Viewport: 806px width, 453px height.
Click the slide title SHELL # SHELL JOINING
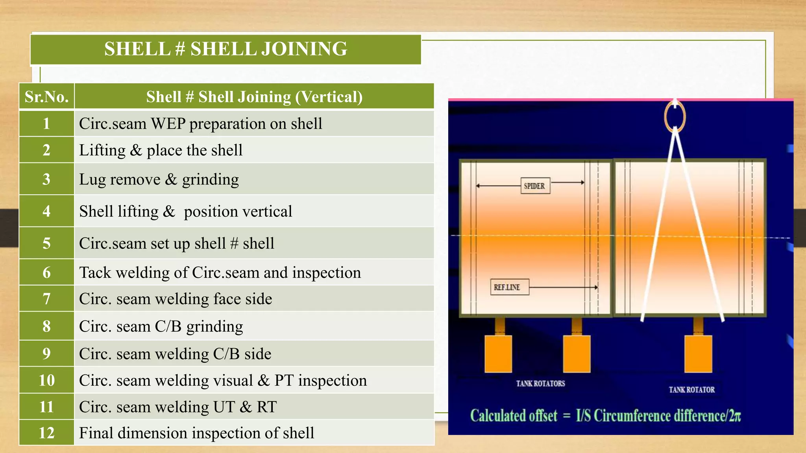coord(226,49)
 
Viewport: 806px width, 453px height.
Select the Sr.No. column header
coord(46,97)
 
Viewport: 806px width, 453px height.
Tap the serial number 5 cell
coord(46,243)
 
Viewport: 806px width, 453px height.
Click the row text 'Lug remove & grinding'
coord(159,179)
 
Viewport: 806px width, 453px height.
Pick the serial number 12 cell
coord(46,433)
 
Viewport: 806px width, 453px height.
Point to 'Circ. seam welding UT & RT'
coord(178,407)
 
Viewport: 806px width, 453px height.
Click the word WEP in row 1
coord(168,123)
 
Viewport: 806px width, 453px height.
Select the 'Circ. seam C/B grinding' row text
coord(161,326)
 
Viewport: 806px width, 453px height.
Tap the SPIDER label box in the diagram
coord(534,186)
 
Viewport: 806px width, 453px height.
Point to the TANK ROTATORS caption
coord(540,383)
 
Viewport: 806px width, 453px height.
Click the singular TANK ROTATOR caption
coord(691,390)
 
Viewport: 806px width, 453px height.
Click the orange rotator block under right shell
coord(698,354)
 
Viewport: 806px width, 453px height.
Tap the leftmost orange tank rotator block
coord(498,354)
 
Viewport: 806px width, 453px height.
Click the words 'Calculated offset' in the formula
coord(514,416)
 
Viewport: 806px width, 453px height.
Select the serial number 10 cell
coord(46,380)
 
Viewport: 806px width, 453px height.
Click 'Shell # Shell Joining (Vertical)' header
coord(254,97)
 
